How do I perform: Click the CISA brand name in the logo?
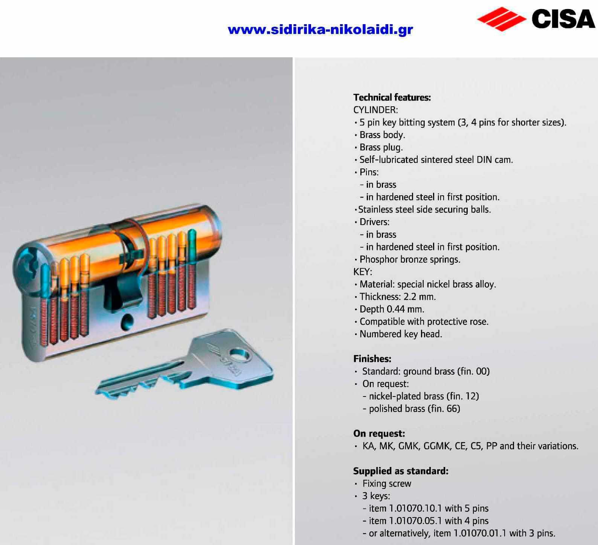pos(563,19)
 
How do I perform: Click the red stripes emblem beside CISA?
pos(502,19)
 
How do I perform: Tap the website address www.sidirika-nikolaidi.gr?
pos(320,29)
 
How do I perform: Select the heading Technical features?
pos(392,97)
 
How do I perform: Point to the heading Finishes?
pos(372,358)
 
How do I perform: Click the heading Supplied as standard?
pos(401,471)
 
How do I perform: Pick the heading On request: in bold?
pos(379,433)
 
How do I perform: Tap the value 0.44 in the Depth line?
pos(397,309)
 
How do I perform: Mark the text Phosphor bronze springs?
pos(410,259)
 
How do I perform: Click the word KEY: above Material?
pos(362,272)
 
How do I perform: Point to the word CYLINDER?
pos(375,110)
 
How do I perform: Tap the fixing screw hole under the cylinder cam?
pos(127,321)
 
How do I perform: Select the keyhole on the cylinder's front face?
pos(27,266)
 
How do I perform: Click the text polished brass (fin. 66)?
pos(415,409)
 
